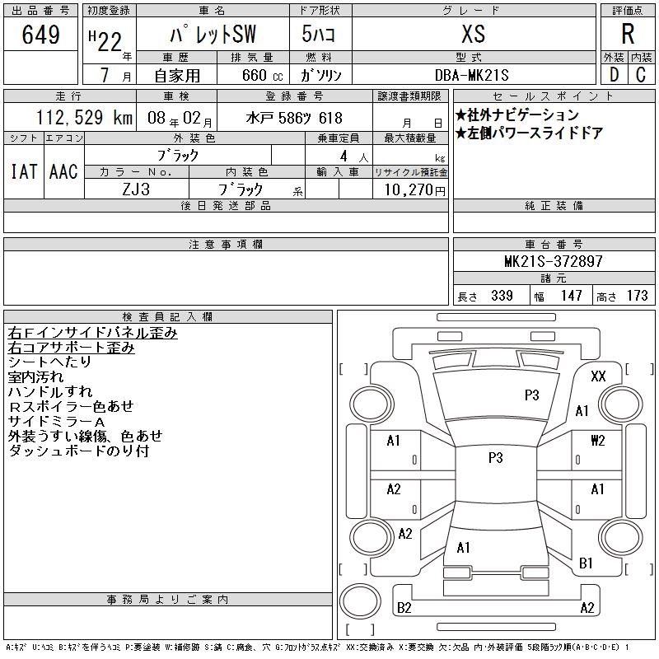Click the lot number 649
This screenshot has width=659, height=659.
[40, 35]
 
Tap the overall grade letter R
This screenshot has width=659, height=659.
[628, 34]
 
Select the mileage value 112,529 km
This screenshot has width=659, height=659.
[84, 118]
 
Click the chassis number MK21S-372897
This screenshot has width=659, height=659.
[553, 261]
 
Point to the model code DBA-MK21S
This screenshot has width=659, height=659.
[471, 75]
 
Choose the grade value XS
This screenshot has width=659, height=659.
[473, 34]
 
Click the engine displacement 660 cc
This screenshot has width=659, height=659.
[262, 75]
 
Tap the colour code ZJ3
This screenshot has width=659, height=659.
[136, 189]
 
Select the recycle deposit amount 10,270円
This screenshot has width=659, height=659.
[414, 190]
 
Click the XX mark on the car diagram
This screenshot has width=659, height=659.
[598, 376]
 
